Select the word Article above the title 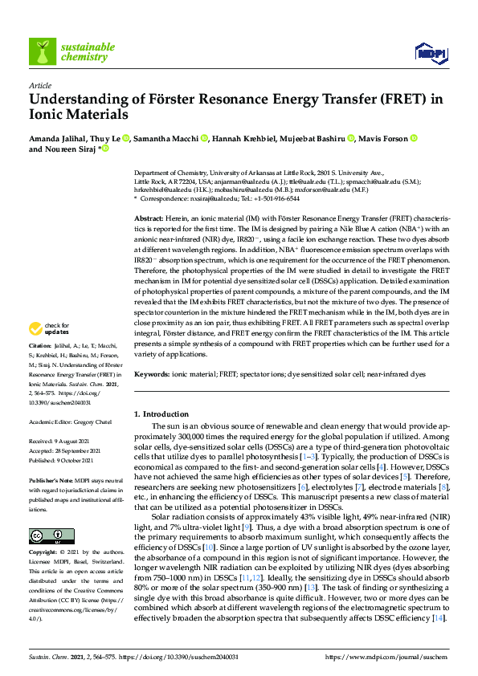39,85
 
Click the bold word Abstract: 149,218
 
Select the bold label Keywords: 153,375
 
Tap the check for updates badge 48,350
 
